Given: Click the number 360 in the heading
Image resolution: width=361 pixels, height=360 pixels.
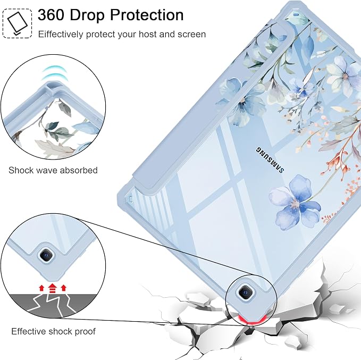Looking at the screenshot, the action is tap(51, 15).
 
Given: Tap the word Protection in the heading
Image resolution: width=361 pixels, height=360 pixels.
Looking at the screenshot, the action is tap(147, 15).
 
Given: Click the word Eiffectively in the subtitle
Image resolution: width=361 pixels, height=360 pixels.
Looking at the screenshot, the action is tap(61, 35).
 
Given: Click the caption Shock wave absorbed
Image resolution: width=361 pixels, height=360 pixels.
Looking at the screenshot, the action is tap(53, 170).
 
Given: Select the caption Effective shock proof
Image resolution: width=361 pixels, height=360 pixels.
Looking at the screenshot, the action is tap(53, 331).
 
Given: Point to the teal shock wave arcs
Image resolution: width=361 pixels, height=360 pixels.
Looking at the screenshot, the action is tap(53, 73).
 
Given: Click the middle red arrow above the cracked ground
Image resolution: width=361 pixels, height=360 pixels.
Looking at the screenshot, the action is tap(53, 288).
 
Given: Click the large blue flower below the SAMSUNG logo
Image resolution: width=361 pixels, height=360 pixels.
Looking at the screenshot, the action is tap(295, 203).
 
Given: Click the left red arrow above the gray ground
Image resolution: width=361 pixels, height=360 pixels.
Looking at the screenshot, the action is tap(41, 288).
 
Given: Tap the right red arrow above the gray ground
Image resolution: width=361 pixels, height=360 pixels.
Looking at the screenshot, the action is tap(64, 288).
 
